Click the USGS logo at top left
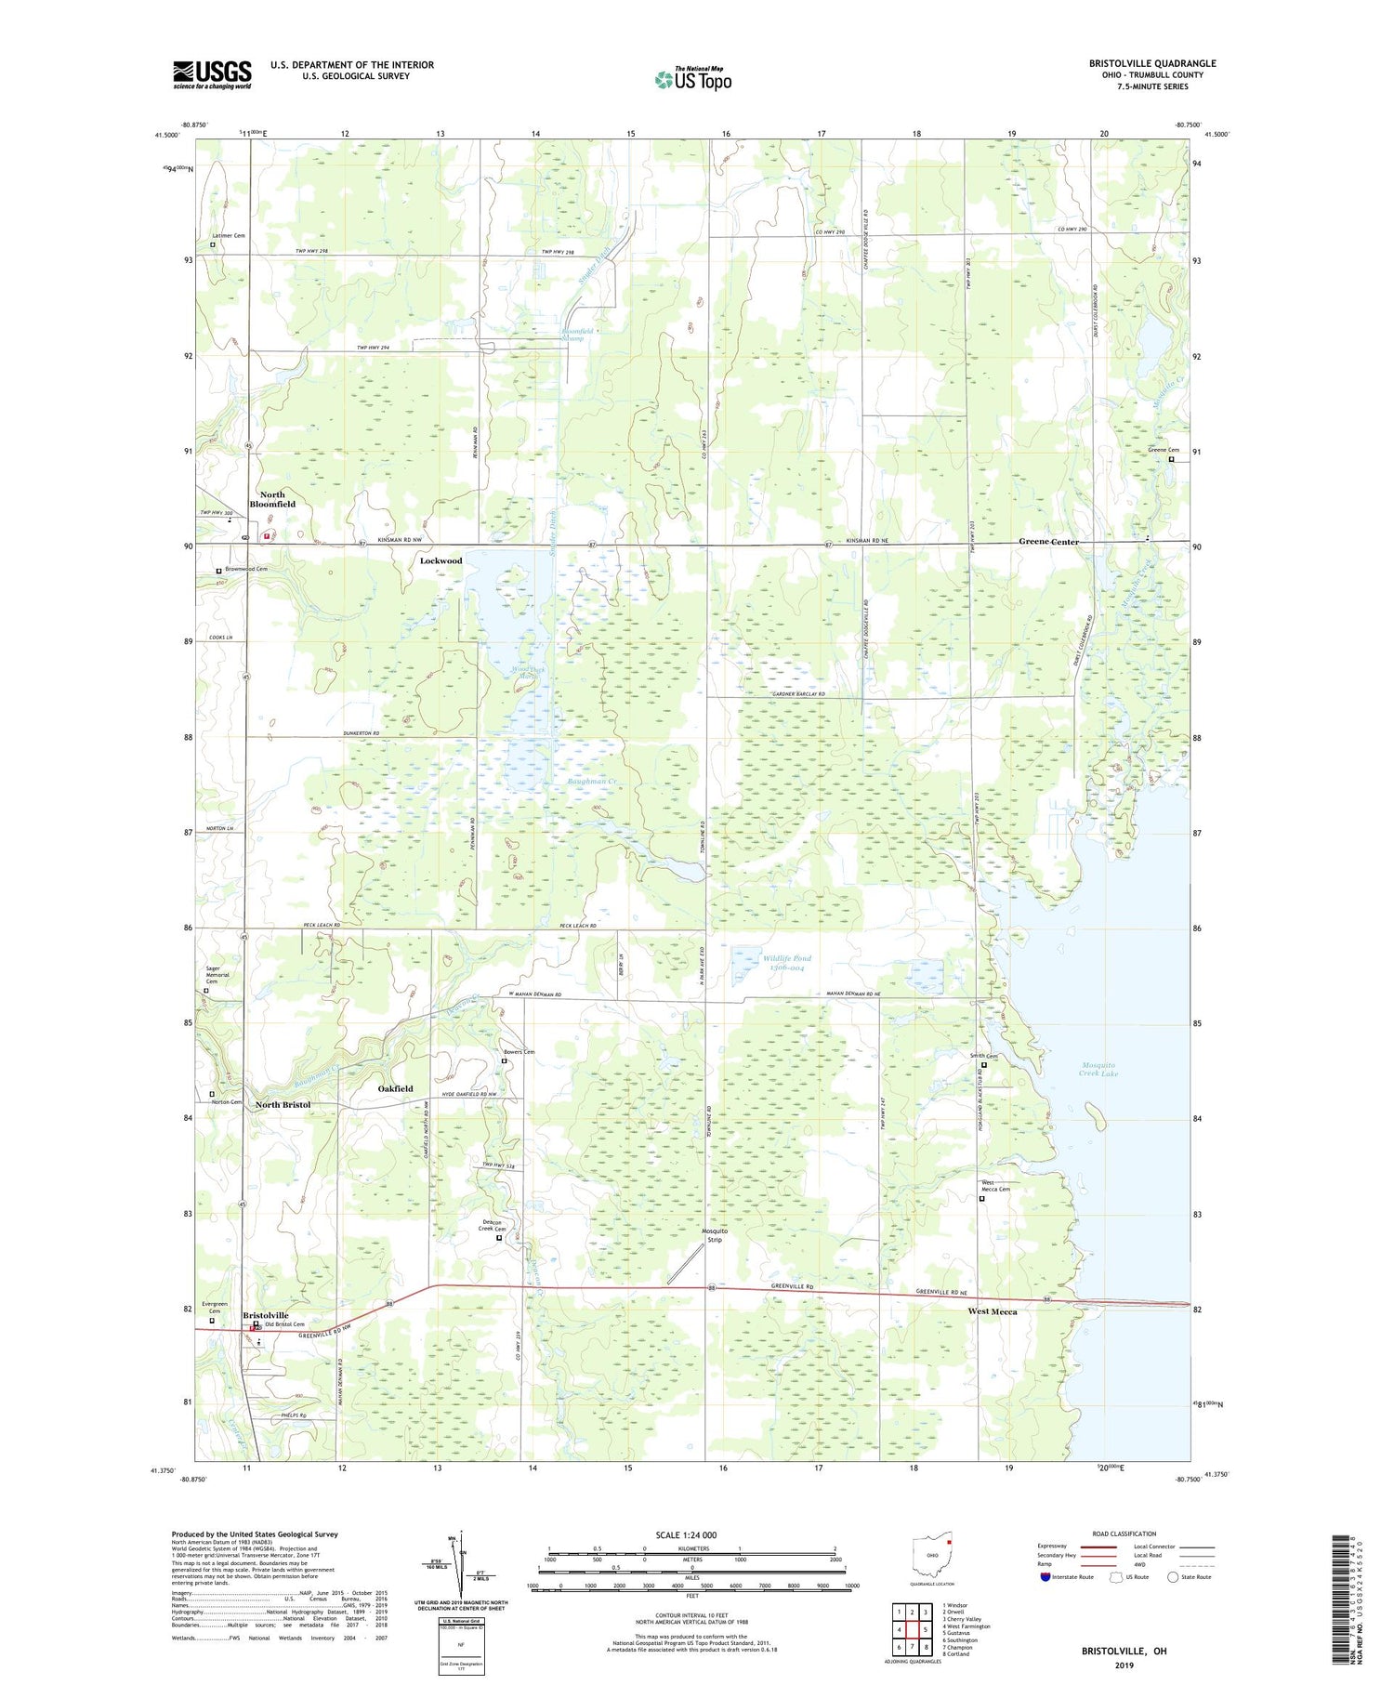click(x=212, y=74)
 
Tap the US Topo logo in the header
click(x=692, y=80)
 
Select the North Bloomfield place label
click(x=272, y=499)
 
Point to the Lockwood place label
click(x=441, y=561)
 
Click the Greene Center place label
click(x=1048, y=541)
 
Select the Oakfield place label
click(x=395, y=1088)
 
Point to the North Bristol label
click(x=283, y=1104)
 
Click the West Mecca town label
click(x=992, y=1311)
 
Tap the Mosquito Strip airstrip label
click(x=713, y=1234)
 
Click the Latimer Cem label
click(x=228, y=235)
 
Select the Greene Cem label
click(x=1163, y=450)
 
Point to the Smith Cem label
click(x=983, y=1056)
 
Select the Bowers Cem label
click(x=519, y=1052)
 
